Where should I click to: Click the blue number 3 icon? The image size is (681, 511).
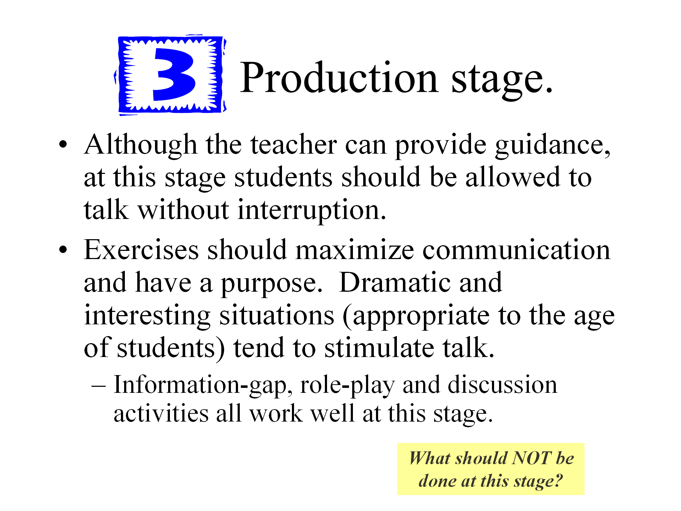(x=170, y=75)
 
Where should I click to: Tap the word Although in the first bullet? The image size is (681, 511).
(x=140, y=145)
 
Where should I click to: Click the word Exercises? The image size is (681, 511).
(x=141, y=250)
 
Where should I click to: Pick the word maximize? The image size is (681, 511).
(x=354, y=250)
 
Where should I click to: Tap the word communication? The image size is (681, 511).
(x=516, y=250)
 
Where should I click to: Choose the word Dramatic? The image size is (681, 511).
(x=395, y=282)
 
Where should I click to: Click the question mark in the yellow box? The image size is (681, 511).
(x=558, y=481)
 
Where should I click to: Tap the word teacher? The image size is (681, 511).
(x=294, y=145)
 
